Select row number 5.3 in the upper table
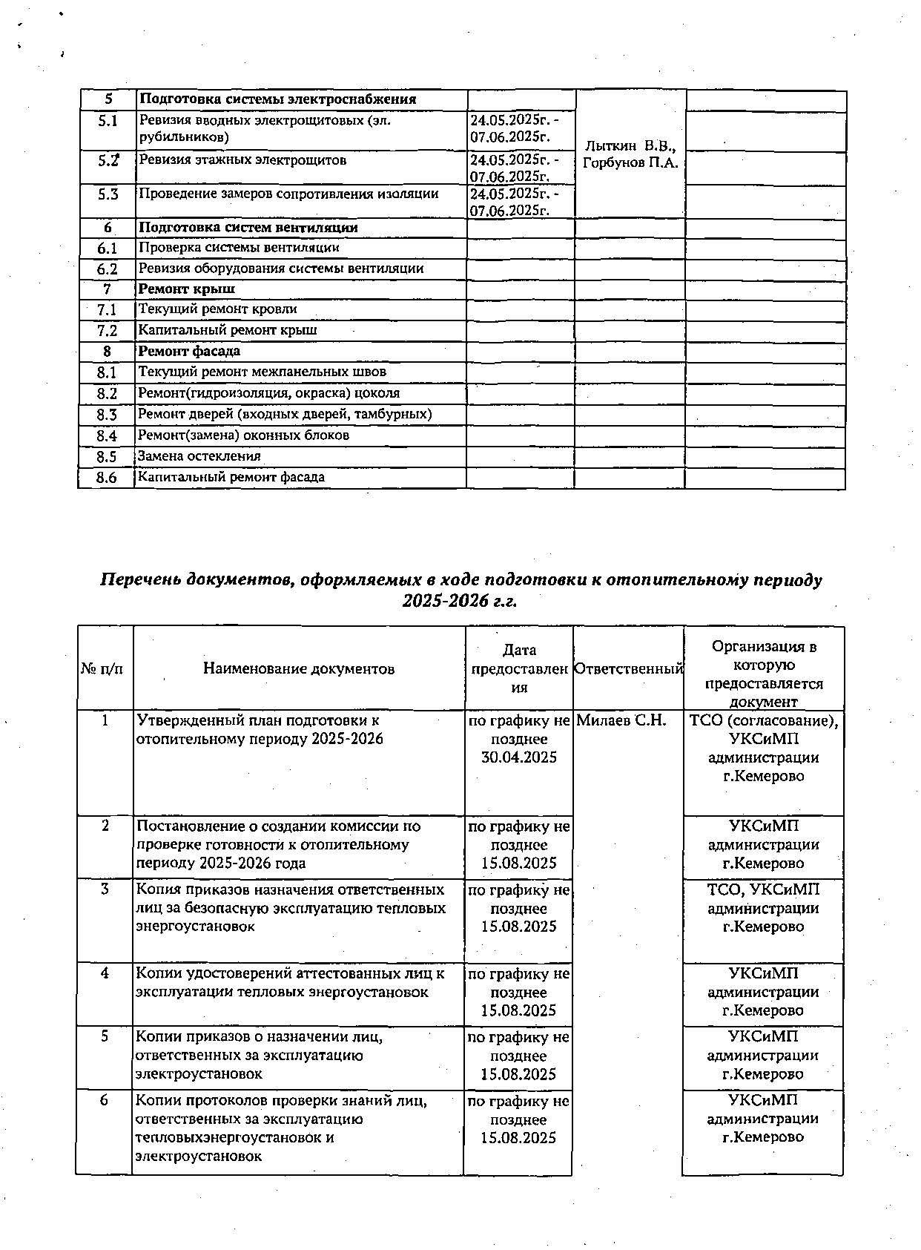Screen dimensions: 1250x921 [108, 194]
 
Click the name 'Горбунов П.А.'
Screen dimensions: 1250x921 [630, 163]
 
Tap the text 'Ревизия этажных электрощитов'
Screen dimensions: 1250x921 [242, 160]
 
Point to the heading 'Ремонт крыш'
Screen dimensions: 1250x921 [188, 289]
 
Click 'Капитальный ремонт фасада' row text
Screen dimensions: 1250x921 [231, 478]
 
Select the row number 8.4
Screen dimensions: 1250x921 [107, 436]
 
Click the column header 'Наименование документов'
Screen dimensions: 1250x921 [299, 669]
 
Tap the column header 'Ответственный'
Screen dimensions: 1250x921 [629, 669]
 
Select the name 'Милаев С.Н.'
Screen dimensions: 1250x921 [621, 720]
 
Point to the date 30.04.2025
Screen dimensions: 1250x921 [519, 757]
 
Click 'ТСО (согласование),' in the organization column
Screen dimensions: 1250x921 [764, 720]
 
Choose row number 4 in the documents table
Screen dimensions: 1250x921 [105, 973]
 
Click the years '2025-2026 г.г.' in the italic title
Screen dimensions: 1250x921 [460, 602]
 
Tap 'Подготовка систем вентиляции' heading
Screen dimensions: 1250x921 [248, 228]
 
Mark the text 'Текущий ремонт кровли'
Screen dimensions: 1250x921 [218, 309]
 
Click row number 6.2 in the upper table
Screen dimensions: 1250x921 [108, 269]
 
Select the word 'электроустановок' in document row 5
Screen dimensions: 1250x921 [199, 1074]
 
